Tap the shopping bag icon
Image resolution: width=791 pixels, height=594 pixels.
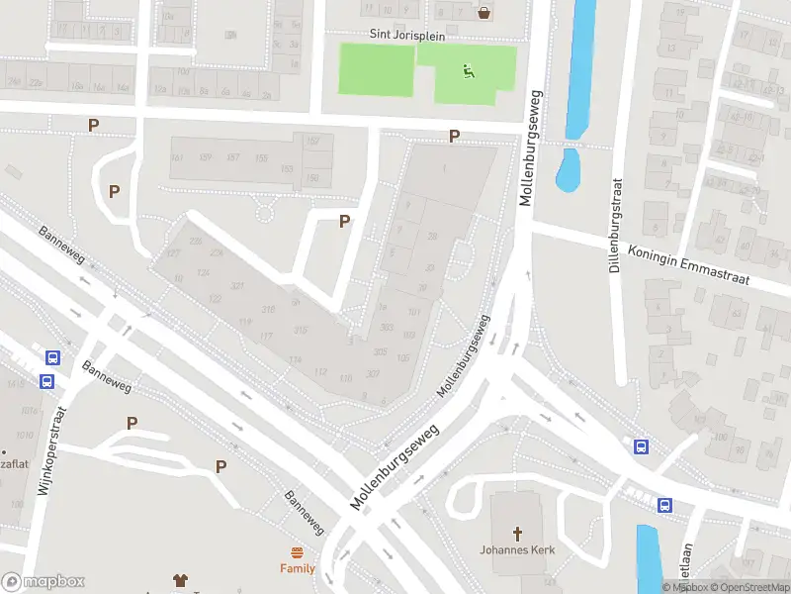tap(484, 13)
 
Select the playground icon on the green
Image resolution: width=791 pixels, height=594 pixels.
tap(467, 70)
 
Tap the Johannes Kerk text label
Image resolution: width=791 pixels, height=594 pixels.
tap(517, 550)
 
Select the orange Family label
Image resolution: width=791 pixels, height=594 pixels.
tap(297, 568)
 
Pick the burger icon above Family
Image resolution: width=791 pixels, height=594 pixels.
tap(297, 552)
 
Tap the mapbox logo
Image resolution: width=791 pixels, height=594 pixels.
tap(44, 582)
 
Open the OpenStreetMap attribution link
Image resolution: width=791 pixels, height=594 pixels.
tap(750, 587)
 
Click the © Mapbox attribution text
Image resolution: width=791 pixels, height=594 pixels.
tap(684, 587)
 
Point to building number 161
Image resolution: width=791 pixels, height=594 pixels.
tap(177, 158)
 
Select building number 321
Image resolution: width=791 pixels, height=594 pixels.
tap(237, 285)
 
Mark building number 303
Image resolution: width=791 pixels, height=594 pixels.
tap(387, 328)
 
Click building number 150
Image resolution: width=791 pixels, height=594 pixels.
tap(313, 177)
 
